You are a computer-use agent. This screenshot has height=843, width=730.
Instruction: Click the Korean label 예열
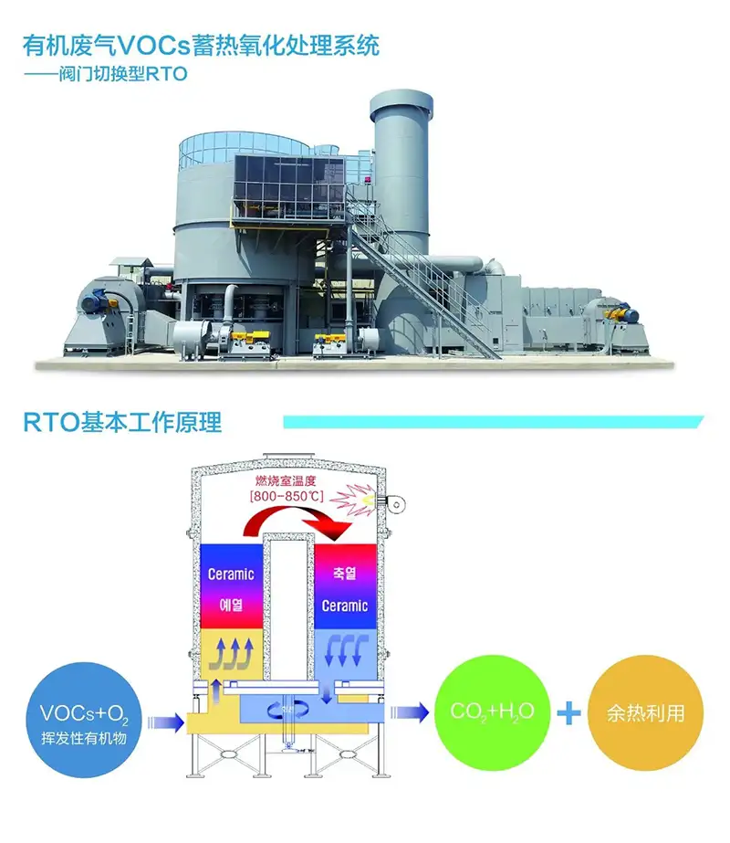(x=231, y=605)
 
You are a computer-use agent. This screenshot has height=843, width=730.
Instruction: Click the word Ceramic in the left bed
(x=231, y=574)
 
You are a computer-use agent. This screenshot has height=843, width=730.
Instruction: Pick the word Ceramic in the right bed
(x=344, y=606)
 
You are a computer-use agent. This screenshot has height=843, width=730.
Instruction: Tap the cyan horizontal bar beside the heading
(x=493, y=422)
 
